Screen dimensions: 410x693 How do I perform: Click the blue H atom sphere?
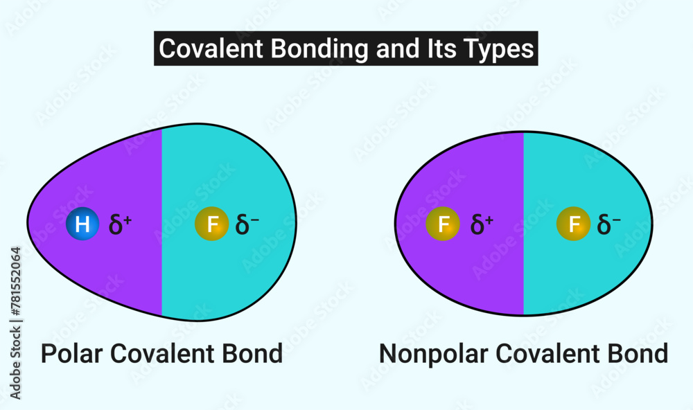point(82,224)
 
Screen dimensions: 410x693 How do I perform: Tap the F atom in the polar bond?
point(212,224)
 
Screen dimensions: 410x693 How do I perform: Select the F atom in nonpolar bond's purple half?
point(442,224)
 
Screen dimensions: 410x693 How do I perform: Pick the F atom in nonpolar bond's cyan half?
point(574,224)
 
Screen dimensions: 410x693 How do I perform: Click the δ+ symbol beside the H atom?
point(120,224)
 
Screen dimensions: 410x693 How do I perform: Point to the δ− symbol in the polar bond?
point(247,224)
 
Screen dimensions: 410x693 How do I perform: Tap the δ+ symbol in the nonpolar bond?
point(482,224)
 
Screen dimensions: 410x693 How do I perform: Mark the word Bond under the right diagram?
point(639,354)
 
